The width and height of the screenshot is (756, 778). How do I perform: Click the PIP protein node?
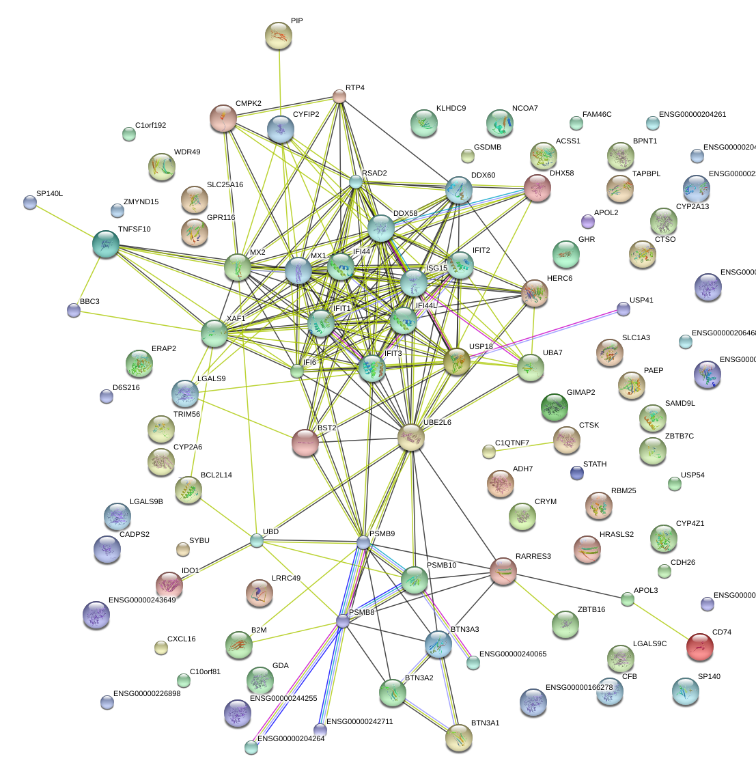tap(278, 36)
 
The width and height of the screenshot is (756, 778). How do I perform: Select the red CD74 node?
tap(699, 647)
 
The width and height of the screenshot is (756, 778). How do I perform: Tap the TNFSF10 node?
tap(106, 244)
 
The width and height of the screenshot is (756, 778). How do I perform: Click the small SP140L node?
tap(30, 202)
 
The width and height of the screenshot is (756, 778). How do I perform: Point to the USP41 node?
tap(624, 309)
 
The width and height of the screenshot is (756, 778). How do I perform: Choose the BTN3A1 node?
tap(458, 738)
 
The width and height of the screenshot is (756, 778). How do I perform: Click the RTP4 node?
tap(339, 96)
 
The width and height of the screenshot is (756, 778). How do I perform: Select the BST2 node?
tap(305, 443)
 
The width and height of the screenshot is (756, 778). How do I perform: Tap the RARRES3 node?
tap(503, 571)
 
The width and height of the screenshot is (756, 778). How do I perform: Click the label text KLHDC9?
tap(451, 109)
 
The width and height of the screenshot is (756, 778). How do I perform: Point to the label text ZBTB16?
tap(591, 609)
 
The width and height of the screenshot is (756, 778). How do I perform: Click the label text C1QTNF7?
tap(512, 443)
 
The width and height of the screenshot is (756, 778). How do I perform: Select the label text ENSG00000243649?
tap(142, 600)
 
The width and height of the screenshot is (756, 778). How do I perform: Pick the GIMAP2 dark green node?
tap(554, 408)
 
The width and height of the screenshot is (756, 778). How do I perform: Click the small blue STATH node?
tap(577, 472)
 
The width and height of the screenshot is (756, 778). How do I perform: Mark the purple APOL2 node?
tap(588, 221)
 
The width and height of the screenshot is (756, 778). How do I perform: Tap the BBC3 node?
tap(74, 310)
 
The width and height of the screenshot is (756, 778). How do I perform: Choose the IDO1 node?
tap(169, 585)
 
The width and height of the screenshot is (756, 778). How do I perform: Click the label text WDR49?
tap(187, 152)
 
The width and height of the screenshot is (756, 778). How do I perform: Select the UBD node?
tap(256, 541)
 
